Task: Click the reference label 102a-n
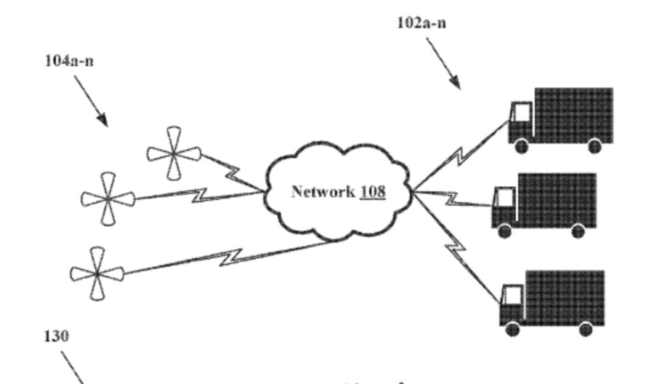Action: (x=421, y=23)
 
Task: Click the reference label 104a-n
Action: (x=69, y=60)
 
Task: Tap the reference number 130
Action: (x=57, y=336)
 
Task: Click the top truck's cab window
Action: (x=521, y=113)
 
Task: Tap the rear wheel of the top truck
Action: (x=594, y=146)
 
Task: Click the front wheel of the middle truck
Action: (x=504, y=231)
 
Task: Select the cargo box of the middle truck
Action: (x=556, y=199)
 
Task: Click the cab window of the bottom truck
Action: (x=512, y=295)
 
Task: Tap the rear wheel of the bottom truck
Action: (x=586, y=329)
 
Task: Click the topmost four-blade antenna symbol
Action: (x=174, y=153)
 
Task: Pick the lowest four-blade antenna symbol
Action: (x=97, y=273)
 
